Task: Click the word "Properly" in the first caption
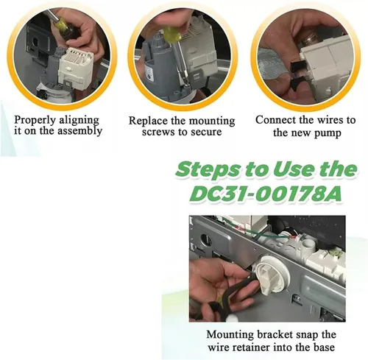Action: tap(35, 121)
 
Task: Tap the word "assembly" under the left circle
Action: tap(79, 131)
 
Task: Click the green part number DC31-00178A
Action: tap(266, 194)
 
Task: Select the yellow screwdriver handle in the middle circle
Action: tap(171, 34)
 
